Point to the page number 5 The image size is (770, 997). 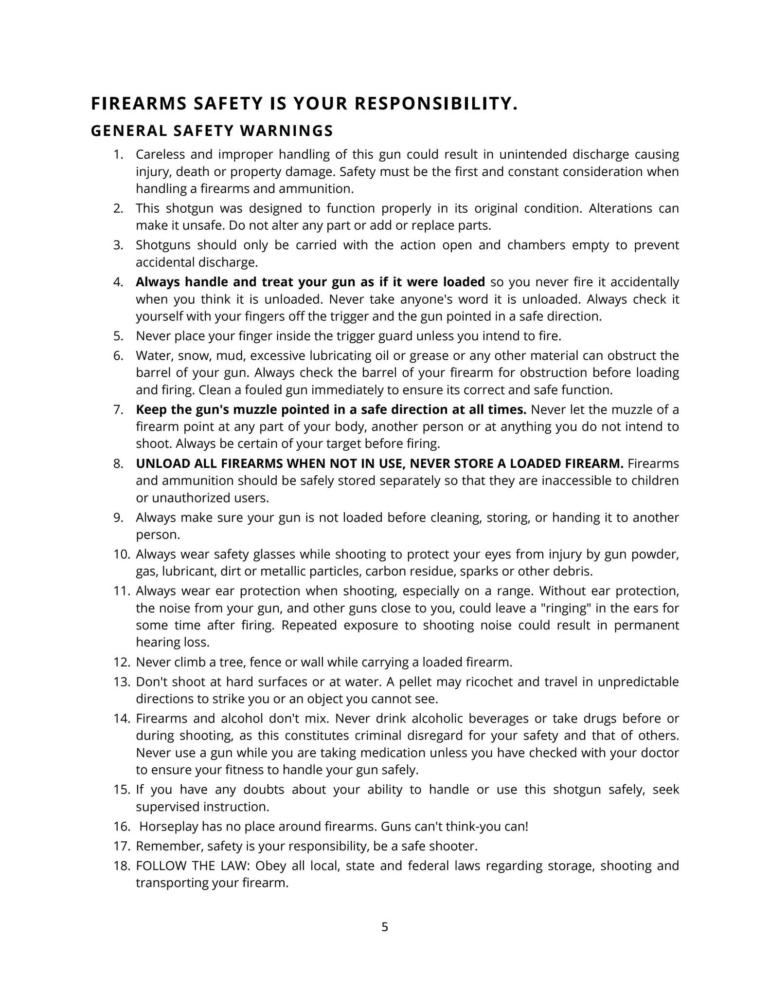[x=385, y=927]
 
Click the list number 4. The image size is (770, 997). [x=118, y=282]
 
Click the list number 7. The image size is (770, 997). [x=118, y=410]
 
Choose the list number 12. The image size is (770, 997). [x=122, y=663]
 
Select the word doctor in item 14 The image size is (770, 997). [x=660, y=753]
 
